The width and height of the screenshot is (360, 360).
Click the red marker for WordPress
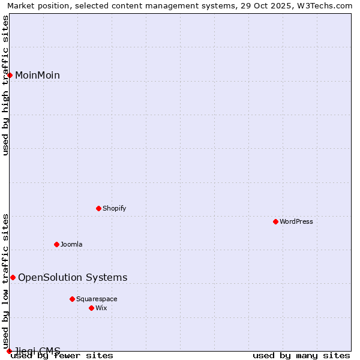tap(276, 221)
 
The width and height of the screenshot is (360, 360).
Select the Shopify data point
tap(99, 208)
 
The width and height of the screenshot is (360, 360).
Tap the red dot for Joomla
tap(57, 244)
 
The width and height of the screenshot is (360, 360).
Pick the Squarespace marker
tap(73, 299)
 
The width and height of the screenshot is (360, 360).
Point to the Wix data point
tap(92, 308)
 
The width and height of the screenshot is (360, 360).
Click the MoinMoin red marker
tap(10, 75)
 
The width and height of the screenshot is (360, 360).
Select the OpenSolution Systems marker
tap(13, 277)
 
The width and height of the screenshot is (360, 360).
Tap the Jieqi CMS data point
tap(9, 351)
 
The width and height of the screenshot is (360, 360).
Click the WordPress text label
tap(296, 221)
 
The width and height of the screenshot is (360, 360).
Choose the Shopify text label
tap(115, 208)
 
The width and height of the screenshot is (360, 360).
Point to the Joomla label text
tap(71, 244)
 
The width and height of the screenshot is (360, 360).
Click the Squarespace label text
tap(97, 299)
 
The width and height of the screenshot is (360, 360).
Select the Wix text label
tap(101, 308)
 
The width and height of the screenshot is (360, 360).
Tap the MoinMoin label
tap(37, 75)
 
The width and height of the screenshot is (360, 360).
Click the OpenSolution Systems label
tap(73, 277)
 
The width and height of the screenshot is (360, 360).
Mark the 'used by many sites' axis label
tap(301, 355)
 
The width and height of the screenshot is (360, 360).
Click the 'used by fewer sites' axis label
tap(62, 355)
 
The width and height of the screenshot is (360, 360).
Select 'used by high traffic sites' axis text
tap(5, 85)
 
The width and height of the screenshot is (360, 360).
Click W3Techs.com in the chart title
tap(325, 5)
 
